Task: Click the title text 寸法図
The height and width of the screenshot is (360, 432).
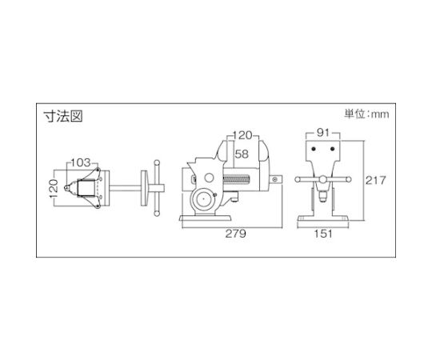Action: [63, 116]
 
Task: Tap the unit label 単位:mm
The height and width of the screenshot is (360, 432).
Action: [366, 114]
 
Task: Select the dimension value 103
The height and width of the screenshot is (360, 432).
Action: [81, 162]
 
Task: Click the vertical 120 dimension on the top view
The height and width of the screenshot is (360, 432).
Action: [54, 188]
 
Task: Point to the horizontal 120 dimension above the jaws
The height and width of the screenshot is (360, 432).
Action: [242, 135]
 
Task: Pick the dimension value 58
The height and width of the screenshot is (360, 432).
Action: [242, 154]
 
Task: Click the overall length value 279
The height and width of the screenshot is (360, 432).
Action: [236, 234]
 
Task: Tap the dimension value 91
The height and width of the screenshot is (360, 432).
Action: [323, 133]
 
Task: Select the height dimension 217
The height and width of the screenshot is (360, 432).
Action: [376, 181]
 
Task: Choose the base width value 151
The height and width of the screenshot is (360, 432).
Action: [323, 234]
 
